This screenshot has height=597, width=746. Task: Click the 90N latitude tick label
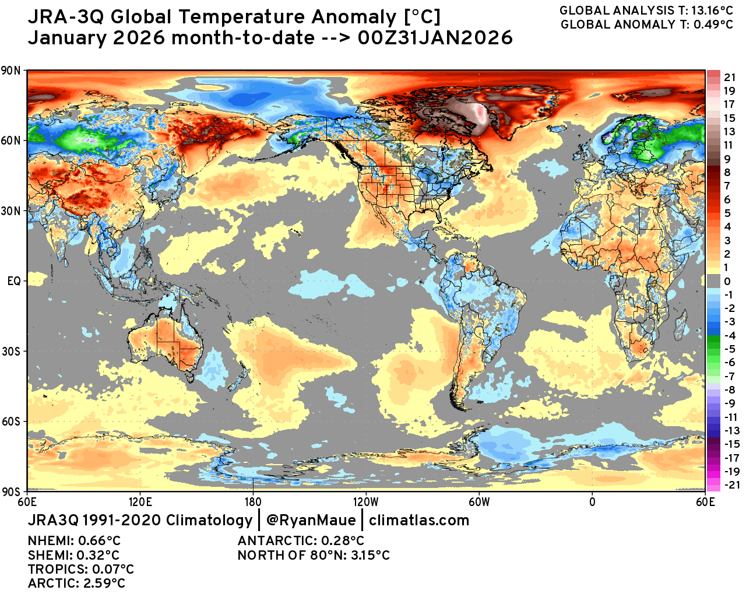(x=11, y=71)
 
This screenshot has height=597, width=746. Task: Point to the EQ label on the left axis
(x=14, y=281)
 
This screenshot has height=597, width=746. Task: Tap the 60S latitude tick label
(x=11, y=422)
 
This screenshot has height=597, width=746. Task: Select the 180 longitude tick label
(x=252, y=501)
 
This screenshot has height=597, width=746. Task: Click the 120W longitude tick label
(x=365, y=501)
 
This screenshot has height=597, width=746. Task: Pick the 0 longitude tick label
(x=592, y=501)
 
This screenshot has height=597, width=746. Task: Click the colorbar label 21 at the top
(x=730, y=78)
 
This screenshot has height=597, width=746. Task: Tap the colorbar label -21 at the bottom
(x=731, y=485)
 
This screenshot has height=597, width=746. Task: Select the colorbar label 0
(x=727, y=282)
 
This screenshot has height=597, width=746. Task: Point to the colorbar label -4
(x=729, y=336)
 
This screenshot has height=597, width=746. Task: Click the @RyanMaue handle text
(x=310, y=520)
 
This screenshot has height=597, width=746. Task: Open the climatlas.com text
(x=419, y=520)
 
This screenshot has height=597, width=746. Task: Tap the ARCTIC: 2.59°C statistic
(x=76, y=583)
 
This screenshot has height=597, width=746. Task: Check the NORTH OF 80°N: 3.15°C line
(x=314, y=555)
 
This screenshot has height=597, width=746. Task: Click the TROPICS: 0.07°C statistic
(x=80, y=569)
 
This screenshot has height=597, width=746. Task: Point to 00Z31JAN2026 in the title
(x=435, y=38)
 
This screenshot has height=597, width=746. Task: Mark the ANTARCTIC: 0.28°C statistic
(x=301, y=541)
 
